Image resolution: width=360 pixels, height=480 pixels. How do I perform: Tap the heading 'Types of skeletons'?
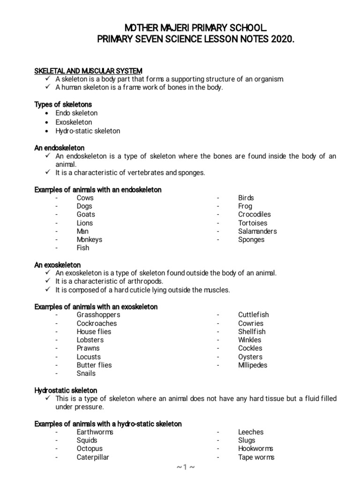click(x=63, y=104)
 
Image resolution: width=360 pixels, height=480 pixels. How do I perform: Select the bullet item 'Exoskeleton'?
click(x=74, y=122)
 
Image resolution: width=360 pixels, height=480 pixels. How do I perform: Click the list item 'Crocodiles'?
click(x=254, y=214)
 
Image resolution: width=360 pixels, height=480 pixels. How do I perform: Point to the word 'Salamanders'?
click(x=257, y=231)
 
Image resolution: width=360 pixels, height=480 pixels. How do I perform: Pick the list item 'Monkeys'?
click(x=89, y=240)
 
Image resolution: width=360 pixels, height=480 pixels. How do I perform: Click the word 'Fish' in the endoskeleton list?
click(x=83, y=248)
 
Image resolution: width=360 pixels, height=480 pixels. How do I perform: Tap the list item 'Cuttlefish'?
click(x=253, y=315)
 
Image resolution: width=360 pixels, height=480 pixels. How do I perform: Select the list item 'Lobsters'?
click(x=90, y=340)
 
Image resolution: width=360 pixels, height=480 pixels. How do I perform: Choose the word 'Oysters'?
click(x=250, y=357)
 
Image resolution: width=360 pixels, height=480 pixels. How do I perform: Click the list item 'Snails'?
click(x=86, y=374)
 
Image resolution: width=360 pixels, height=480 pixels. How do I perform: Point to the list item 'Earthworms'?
click(x=95, y=432)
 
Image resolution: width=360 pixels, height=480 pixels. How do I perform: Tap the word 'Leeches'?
click(x=251, y=432)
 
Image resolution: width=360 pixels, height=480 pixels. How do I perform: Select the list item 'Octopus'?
click(x=90, y=449)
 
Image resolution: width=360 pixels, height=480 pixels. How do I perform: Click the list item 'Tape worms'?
click(x=256, y=457)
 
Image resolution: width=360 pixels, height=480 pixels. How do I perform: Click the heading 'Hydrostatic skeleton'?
click(x=66, y=390)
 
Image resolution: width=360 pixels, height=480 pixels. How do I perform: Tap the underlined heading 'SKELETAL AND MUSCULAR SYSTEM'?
click(x=88, y=70)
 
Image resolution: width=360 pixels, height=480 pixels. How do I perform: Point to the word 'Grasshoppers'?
click(x=98, y=315)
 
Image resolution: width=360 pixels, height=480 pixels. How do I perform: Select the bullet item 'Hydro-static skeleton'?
click(x=88, y=131)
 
